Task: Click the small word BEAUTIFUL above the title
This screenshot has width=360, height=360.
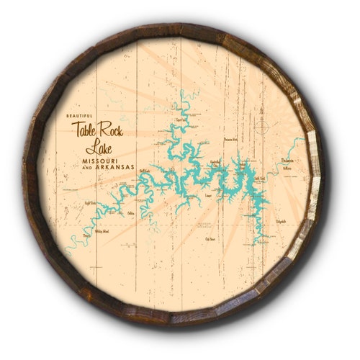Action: point(81,117)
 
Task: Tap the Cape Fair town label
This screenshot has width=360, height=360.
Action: point(181,120)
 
